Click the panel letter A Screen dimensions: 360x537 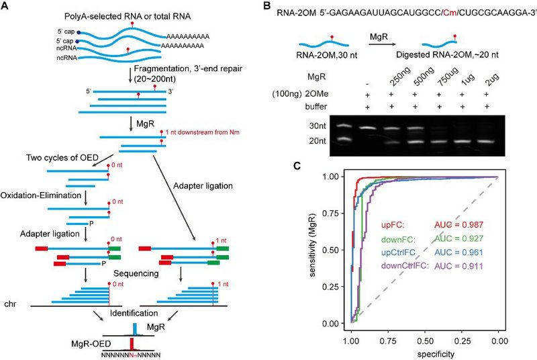pyautogui.click(x=7, y=7)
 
